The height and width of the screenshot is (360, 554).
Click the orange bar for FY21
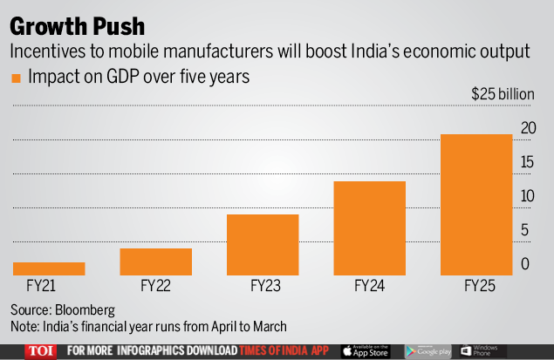[x=49, y=268]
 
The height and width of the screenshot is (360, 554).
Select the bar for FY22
[x=155, y=262]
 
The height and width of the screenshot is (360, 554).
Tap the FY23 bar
[x=263, y=244]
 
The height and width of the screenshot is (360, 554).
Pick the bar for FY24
[x=369, y=228]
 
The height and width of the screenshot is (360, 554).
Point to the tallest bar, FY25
[x=475, y=204]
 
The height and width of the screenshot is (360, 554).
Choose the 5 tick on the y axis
[x=523, y=230]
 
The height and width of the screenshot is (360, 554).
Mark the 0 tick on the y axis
[x=523, y=264]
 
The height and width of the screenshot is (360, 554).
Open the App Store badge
[x=365, y=350]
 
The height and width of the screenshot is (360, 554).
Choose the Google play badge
[x=427, y=350]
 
